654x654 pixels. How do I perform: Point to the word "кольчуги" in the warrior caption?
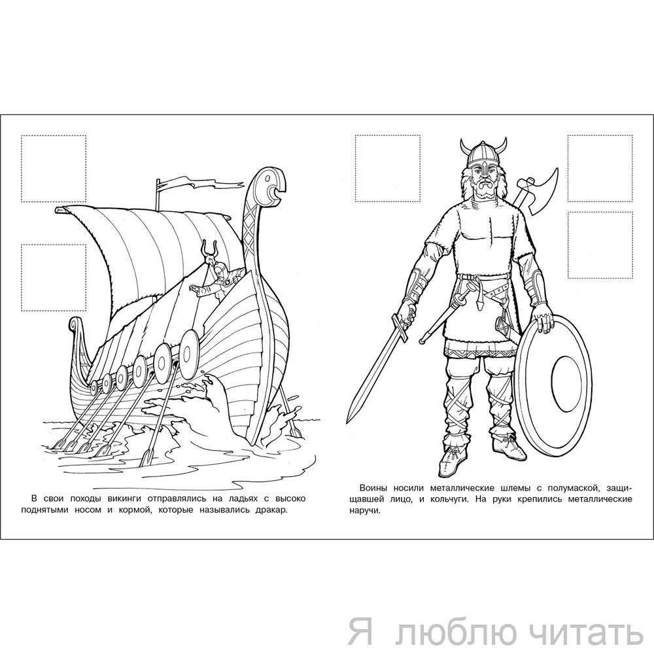point(445,499)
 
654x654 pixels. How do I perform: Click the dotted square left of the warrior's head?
point(387,168)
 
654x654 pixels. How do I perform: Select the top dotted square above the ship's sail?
point(54,169)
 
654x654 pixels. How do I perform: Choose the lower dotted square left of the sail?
point(54,278)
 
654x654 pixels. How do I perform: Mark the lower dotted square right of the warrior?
point(600,245)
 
